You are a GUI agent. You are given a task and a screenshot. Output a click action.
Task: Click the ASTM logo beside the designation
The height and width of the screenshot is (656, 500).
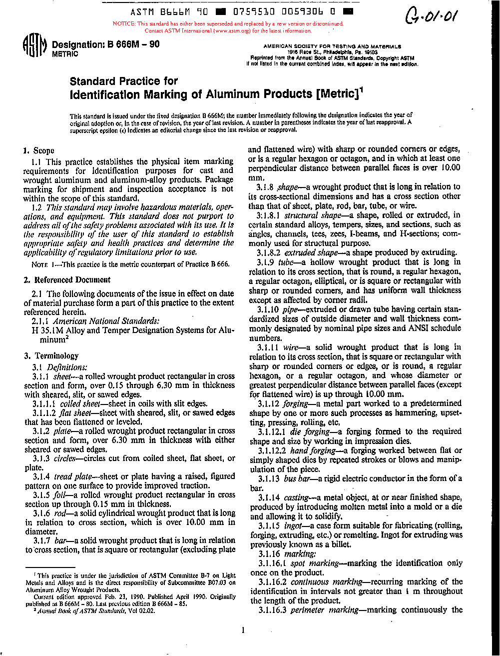[34, 48]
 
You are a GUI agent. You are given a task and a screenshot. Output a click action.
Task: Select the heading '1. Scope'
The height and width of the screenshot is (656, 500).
[39, 150]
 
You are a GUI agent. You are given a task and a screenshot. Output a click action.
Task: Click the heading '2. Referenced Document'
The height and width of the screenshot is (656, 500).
[67, 280]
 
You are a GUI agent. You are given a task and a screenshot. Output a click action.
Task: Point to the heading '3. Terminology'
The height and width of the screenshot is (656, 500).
[51, 356]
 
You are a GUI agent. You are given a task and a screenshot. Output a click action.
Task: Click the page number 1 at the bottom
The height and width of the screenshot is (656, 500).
[243, 630]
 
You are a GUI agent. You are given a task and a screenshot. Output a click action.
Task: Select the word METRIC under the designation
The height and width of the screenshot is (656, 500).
[65, 54]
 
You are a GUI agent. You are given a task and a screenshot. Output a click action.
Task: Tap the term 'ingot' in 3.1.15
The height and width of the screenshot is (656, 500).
[293, 525]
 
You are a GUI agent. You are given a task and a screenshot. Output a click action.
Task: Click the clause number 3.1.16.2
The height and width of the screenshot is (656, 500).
[272, 582]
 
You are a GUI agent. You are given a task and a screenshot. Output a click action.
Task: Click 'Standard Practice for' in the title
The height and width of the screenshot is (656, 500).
[123, 81]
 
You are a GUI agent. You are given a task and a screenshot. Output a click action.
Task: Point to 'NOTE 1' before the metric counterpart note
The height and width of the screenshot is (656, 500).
[43, 264]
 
